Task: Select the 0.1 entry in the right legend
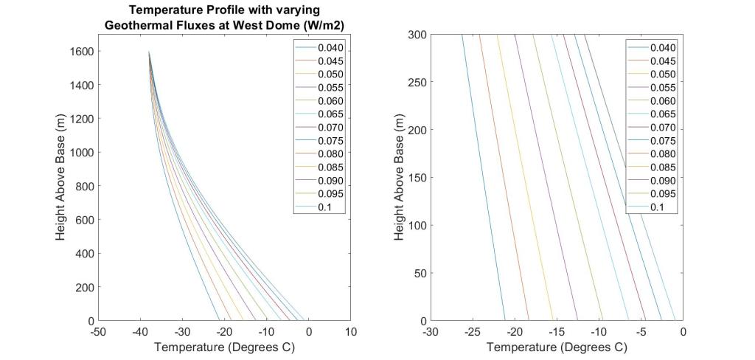[x=655, y=207]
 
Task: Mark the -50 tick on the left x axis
[x=99, y=333]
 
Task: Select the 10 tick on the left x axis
[x=351, y=333]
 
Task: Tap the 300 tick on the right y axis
[x=417, y=35]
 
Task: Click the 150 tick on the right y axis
[x=417, y=178]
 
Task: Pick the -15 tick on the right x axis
[x=557, y=333]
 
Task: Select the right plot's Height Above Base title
[x=399, y=177]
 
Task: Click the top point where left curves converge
[x=149, y=52]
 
